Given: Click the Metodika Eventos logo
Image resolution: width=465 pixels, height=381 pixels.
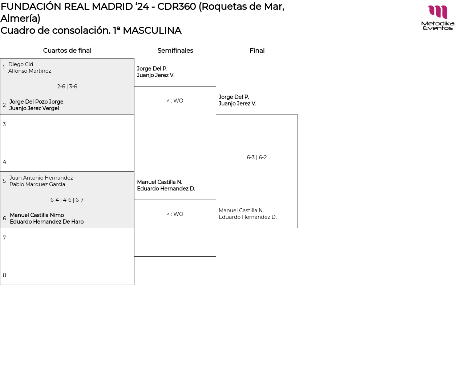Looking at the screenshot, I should (x=437, y=17).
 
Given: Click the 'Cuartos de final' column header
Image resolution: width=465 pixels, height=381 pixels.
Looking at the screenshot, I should (x=67, y=51).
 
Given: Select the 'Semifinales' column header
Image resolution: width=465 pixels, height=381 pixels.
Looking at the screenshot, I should (x=175, y=51).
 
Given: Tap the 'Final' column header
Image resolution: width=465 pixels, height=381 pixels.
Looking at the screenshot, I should (x=257, y=51).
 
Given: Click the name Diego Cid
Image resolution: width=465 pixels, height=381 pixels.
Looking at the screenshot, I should (x=21, y=64).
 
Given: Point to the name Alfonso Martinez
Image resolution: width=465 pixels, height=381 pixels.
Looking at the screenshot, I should (x=29, y=71).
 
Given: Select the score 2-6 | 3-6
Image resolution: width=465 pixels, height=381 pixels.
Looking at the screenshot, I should (x=67, y=87).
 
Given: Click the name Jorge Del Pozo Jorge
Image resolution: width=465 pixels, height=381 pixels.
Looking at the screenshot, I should (x=36, y=102).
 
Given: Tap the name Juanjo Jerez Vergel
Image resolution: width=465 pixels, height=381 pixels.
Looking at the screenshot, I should (x=34, y=108).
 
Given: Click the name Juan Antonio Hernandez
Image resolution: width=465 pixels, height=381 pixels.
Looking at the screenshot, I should (x=41, y=178).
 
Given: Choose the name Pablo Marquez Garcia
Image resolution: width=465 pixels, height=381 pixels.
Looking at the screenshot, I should (x=37, y=184).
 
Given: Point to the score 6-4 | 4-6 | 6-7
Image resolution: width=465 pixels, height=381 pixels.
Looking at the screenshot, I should (x=67, y=200).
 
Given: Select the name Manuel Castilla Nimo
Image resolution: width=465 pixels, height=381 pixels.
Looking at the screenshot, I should (x=37, y=215).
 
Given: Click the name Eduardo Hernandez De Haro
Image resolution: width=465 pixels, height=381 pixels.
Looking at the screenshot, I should (x=46, y=222).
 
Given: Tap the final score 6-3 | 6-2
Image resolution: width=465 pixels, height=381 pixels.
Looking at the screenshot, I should (x=257, y=157).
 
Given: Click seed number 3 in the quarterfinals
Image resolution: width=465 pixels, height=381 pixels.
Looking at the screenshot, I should (x=4, y=124).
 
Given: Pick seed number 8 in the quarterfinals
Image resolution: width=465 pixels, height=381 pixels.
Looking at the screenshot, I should (x=4, y=275).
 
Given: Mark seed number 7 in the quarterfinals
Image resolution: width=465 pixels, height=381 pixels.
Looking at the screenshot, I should (x=4, y=238).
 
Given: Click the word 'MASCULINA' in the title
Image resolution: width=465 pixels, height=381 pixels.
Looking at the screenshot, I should (x=152, y=31).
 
